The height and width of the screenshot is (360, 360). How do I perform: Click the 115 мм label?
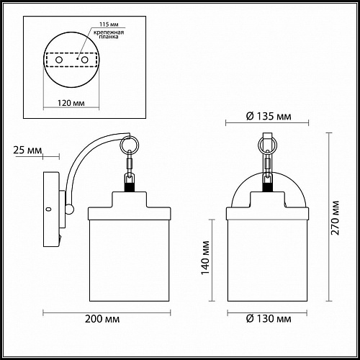click(x=109, y=24)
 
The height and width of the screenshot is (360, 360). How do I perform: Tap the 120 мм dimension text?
click(x=71, y=103)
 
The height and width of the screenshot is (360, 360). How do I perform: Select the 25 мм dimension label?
click(x=27, y=150)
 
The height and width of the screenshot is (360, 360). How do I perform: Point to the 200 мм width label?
click(x=102, y=319)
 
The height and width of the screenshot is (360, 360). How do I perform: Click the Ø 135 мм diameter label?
click(x=269, y=117)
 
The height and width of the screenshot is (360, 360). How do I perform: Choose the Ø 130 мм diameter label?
click(x=269, y=319)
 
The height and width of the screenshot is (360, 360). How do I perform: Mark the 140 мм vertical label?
click(x=205, y=258)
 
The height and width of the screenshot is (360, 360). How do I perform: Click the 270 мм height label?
click(x=335, y=217)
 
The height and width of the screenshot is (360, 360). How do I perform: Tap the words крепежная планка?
click(x=109, y=35)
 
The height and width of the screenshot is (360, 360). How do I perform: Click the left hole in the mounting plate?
click(x=59, y=60)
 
